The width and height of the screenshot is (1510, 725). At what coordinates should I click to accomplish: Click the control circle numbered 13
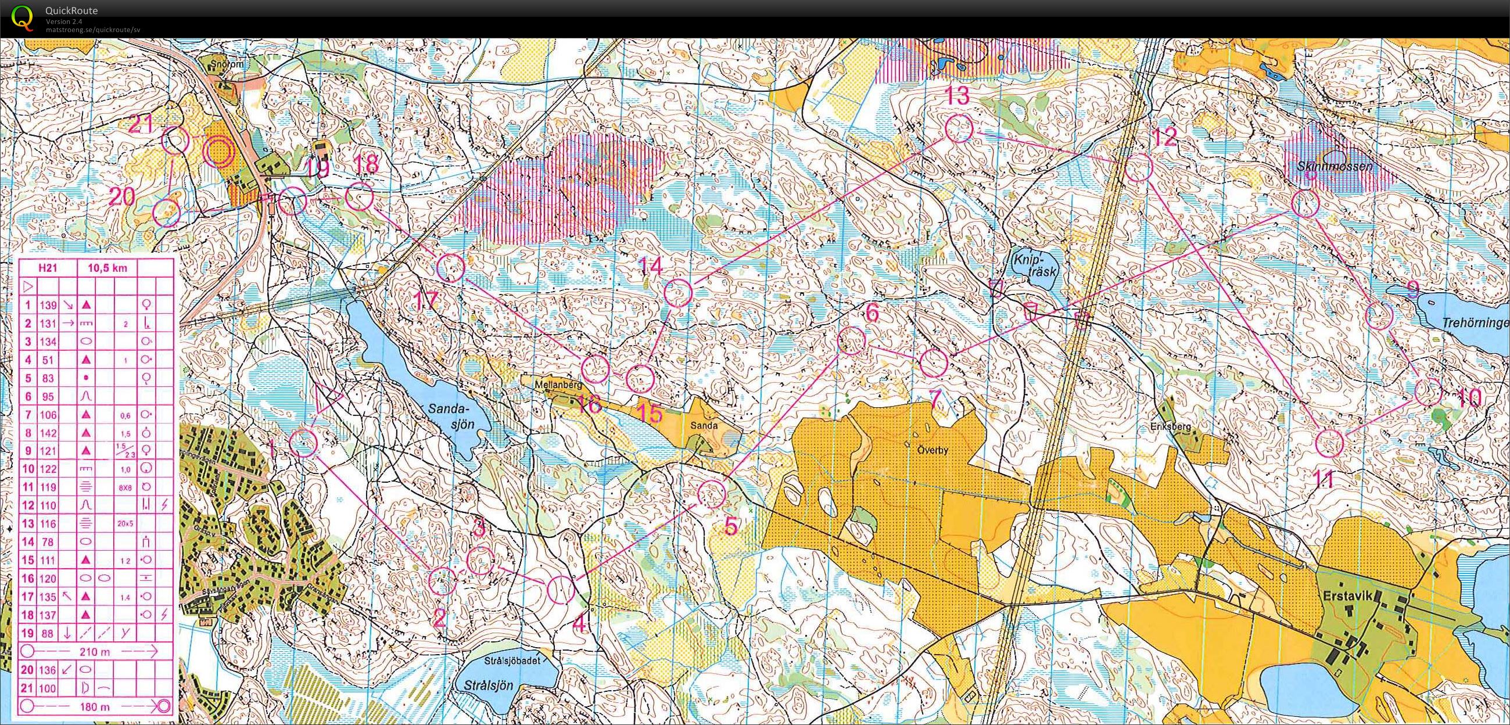click(x=959, y=129)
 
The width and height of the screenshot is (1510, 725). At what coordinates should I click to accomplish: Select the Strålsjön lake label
click(x=488, y=685)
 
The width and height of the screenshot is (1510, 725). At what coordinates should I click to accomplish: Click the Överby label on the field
click(x=932, y=451)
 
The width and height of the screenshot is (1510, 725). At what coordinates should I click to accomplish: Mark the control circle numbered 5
click(x=712, y=493)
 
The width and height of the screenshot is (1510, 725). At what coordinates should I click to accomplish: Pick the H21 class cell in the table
click(x=46, y=268)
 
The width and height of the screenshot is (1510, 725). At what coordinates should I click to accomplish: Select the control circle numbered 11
click(x=1329, y=443)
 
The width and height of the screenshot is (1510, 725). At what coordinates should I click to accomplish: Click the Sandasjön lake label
click(x=449, y=414)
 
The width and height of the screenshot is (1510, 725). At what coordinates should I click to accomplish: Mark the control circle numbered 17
click(x=451, y=268)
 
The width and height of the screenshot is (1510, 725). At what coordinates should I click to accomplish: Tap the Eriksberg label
click(x=1174, y=426)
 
